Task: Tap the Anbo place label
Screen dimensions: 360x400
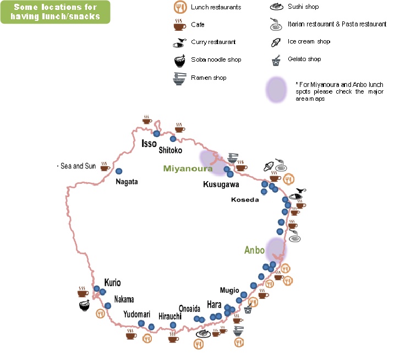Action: (254, 250)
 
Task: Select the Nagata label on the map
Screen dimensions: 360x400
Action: (127, 182)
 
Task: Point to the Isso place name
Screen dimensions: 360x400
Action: (149, 144)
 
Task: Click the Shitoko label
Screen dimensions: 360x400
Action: (170, 150)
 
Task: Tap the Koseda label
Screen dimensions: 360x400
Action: (245, 200)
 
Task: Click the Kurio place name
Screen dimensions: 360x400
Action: (112, 282)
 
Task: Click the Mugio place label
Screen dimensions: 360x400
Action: (229, 290)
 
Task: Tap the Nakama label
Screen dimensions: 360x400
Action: (124, 299)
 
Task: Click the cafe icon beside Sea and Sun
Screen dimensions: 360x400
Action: (105, 166)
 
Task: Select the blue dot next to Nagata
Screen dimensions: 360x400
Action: (119, 171)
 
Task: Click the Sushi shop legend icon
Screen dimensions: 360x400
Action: (277, 7)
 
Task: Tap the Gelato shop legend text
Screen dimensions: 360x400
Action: (304, 59)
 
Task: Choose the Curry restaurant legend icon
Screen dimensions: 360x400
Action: (179, 42)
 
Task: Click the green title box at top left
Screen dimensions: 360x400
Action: (55, 12)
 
